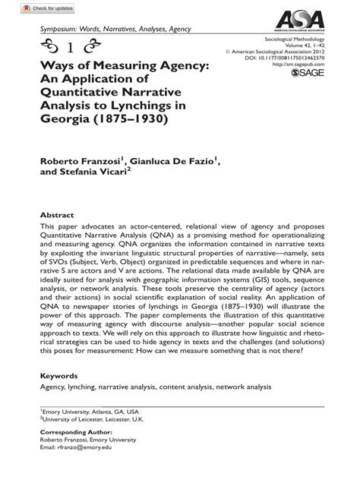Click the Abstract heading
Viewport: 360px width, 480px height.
click(x=57, y=215)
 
